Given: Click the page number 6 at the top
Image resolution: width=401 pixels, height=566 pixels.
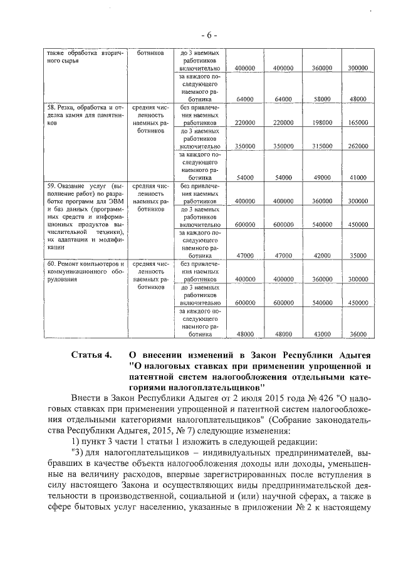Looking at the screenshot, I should coord(200,31).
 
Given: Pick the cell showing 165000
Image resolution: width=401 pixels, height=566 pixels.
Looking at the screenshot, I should coord(357,123).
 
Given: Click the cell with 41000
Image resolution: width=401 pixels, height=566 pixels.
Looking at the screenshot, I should coord(358,178).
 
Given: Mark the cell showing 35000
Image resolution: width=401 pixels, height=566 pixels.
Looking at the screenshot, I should coord(358,255).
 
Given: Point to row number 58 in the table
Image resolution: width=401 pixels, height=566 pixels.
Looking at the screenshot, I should coord(52,108).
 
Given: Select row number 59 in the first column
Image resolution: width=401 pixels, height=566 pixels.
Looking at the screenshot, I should coord(52,186).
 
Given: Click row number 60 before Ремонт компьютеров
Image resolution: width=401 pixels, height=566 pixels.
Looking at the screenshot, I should coord(52,264).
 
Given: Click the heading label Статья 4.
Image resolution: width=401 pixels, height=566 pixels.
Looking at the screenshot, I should coord(91,355).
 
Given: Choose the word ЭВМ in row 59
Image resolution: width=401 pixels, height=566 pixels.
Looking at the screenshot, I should coord(114,201).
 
